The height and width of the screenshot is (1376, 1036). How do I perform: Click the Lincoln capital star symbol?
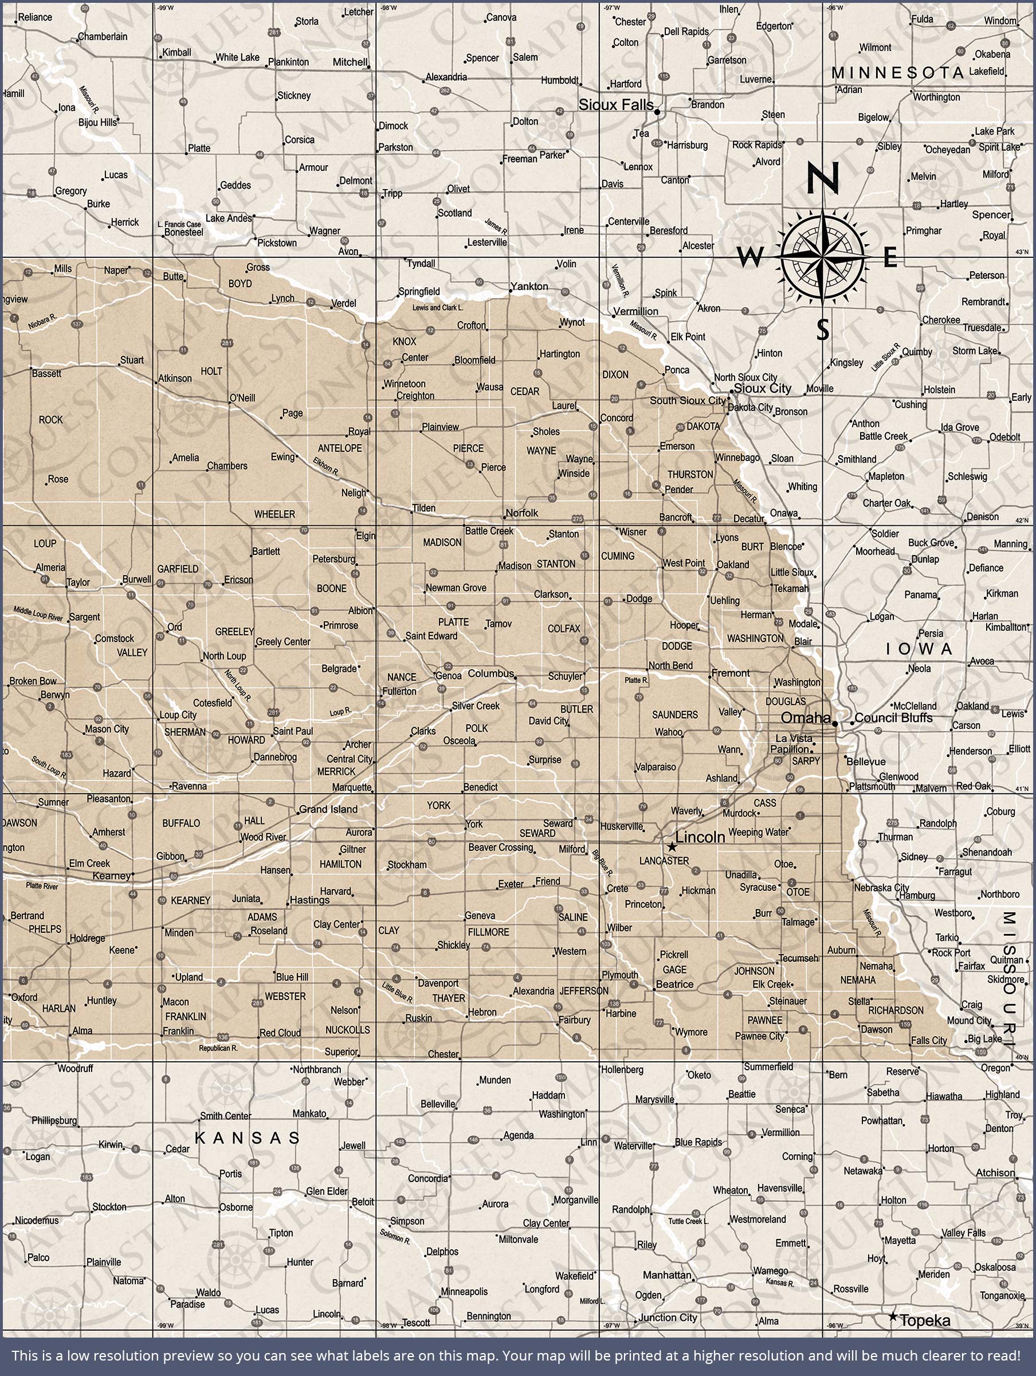click(672, 847)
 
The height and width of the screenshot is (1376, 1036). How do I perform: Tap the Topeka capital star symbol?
click(893, 1316)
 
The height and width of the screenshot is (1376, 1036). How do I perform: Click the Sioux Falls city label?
click(615, 104)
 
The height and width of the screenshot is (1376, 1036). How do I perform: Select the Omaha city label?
click(805, 717)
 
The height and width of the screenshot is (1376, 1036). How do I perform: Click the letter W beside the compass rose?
click(751, 256)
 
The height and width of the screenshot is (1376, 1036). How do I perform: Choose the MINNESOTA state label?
click(897, 73)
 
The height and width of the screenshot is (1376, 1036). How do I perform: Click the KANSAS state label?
click(248, 1137)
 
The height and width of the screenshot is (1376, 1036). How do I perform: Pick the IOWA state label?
click(919, 649)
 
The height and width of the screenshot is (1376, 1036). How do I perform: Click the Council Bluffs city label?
click(893, 717)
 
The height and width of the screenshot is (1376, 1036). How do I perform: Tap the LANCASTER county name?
click(664, 861)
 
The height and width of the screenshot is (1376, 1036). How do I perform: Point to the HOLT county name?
click(211, 372)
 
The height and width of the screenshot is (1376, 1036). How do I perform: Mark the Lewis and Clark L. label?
click(438, 307)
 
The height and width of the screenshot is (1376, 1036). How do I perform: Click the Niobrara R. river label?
click(42, 321)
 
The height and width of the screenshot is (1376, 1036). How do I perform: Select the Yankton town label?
click(529, 286)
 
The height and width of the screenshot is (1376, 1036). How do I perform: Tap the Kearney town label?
click(112, 876)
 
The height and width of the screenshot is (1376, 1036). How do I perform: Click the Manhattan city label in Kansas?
click(666, 1275)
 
